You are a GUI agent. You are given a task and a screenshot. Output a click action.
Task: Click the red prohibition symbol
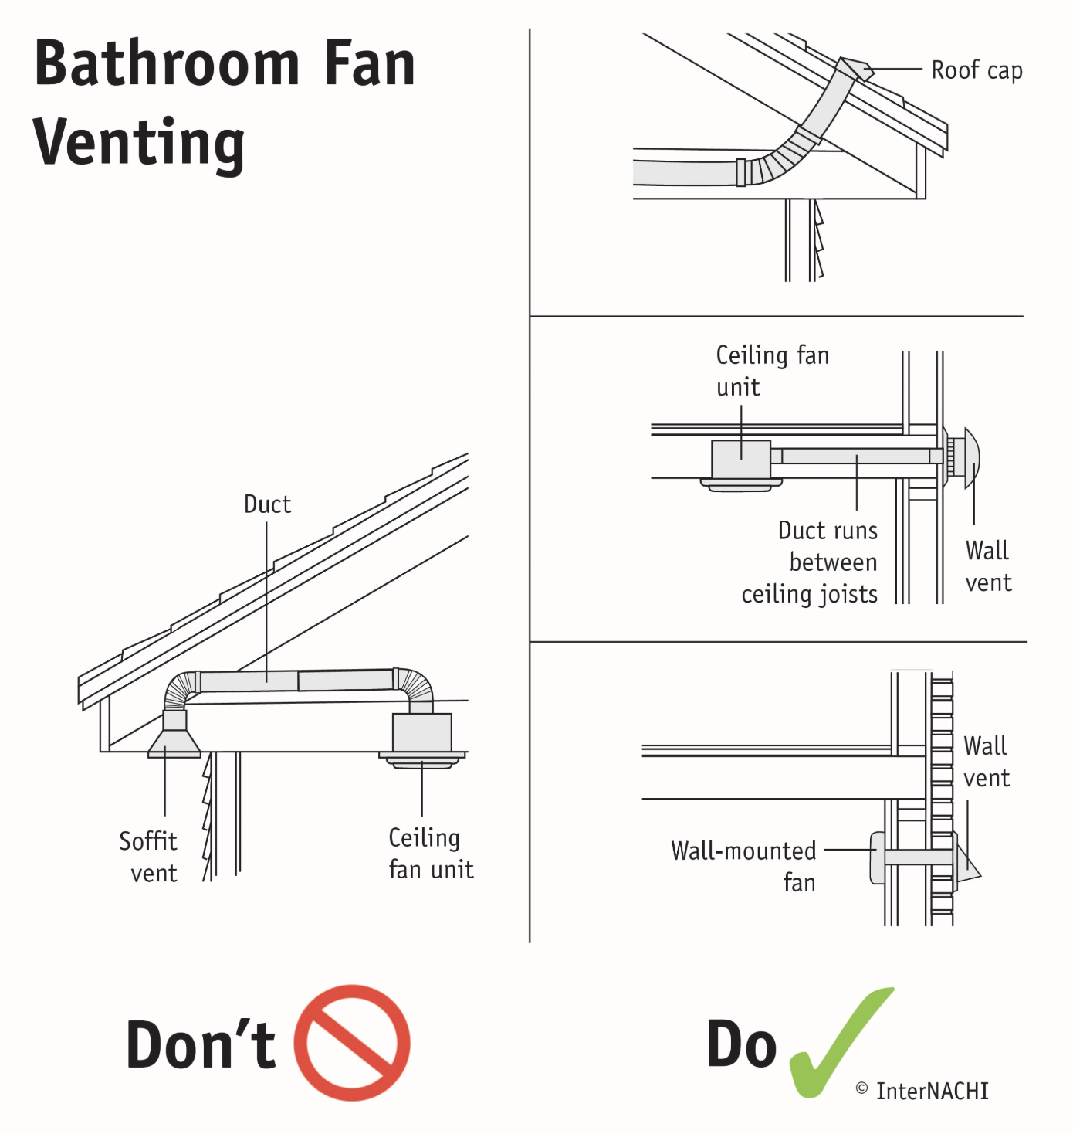[x=352, y=1042]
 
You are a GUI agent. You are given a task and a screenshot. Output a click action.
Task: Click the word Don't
[x=201, y=1044]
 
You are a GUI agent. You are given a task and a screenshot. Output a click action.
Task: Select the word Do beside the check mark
[x=741, y=1044]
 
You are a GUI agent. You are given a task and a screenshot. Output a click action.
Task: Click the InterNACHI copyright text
[x=922, y=1091]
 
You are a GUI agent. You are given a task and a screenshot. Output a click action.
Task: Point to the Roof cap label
[x=977, y=70]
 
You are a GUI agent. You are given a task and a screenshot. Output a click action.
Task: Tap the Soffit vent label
[x=148, y=857]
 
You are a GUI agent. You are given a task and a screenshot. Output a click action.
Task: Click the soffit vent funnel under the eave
[x=174, y=742]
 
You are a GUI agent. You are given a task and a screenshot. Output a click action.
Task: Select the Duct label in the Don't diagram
[x=267, y=504]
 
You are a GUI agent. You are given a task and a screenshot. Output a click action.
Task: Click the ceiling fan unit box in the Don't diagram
[x=422, y=732]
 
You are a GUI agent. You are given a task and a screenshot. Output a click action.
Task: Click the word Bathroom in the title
[x=167, y=63]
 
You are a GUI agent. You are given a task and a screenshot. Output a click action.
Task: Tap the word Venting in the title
[x=139, y=143]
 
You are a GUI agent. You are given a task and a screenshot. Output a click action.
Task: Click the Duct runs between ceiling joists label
[x=811, y=562]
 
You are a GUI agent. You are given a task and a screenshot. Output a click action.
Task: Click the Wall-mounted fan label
[x=744, y=866]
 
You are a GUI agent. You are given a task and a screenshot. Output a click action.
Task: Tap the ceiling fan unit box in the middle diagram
[x=740, y=460]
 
